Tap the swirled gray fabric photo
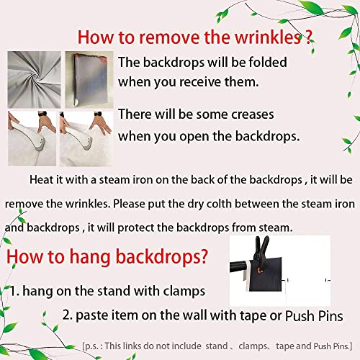[34, 79]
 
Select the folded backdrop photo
[89, 79]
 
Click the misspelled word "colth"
[219, 204]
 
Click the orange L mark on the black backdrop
[260, 271]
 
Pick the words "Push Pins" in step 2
[314, 316]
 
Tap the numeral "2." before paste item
[68, 315]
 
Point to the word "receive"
[200, 82]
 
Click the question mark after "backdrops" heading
[202, 256]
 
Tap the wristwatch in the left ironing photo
[42, 114]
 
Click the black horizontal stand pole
[240, 266]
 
